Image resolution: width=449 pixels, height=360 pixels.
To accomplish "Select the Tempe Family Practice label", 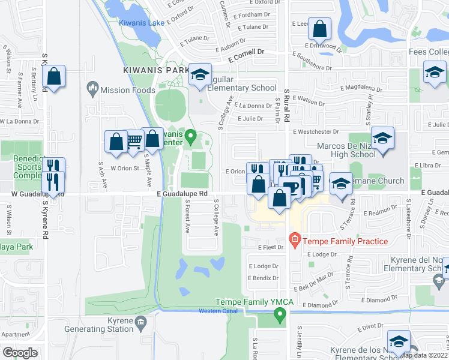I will pos(345,241).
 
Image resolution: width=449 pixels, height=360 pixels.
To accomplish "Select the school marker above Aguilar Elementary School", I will pos(200,74).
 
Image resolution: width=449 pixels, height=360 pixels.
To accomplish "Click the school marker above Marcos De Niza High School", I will pos(382,139).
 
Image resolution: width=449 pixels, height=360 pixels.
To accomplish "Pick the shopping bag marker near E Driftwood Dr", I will pos(321,28).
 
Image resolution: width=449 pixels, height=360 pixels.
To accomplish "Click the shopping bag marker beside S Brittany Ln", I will pos(53,77).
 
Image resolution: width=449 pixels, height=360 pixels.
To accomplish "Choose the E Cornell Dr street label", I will pos(246,52).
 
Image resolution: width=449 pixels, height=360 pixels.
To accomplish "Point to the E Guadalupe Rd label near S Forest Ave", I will pos(182,194).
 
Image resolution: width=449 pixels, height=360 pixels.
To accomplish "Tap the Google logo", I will pos(20,352).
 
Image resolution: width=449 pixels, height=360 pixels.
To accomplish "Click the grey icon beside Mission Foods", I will pos(92,90).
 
